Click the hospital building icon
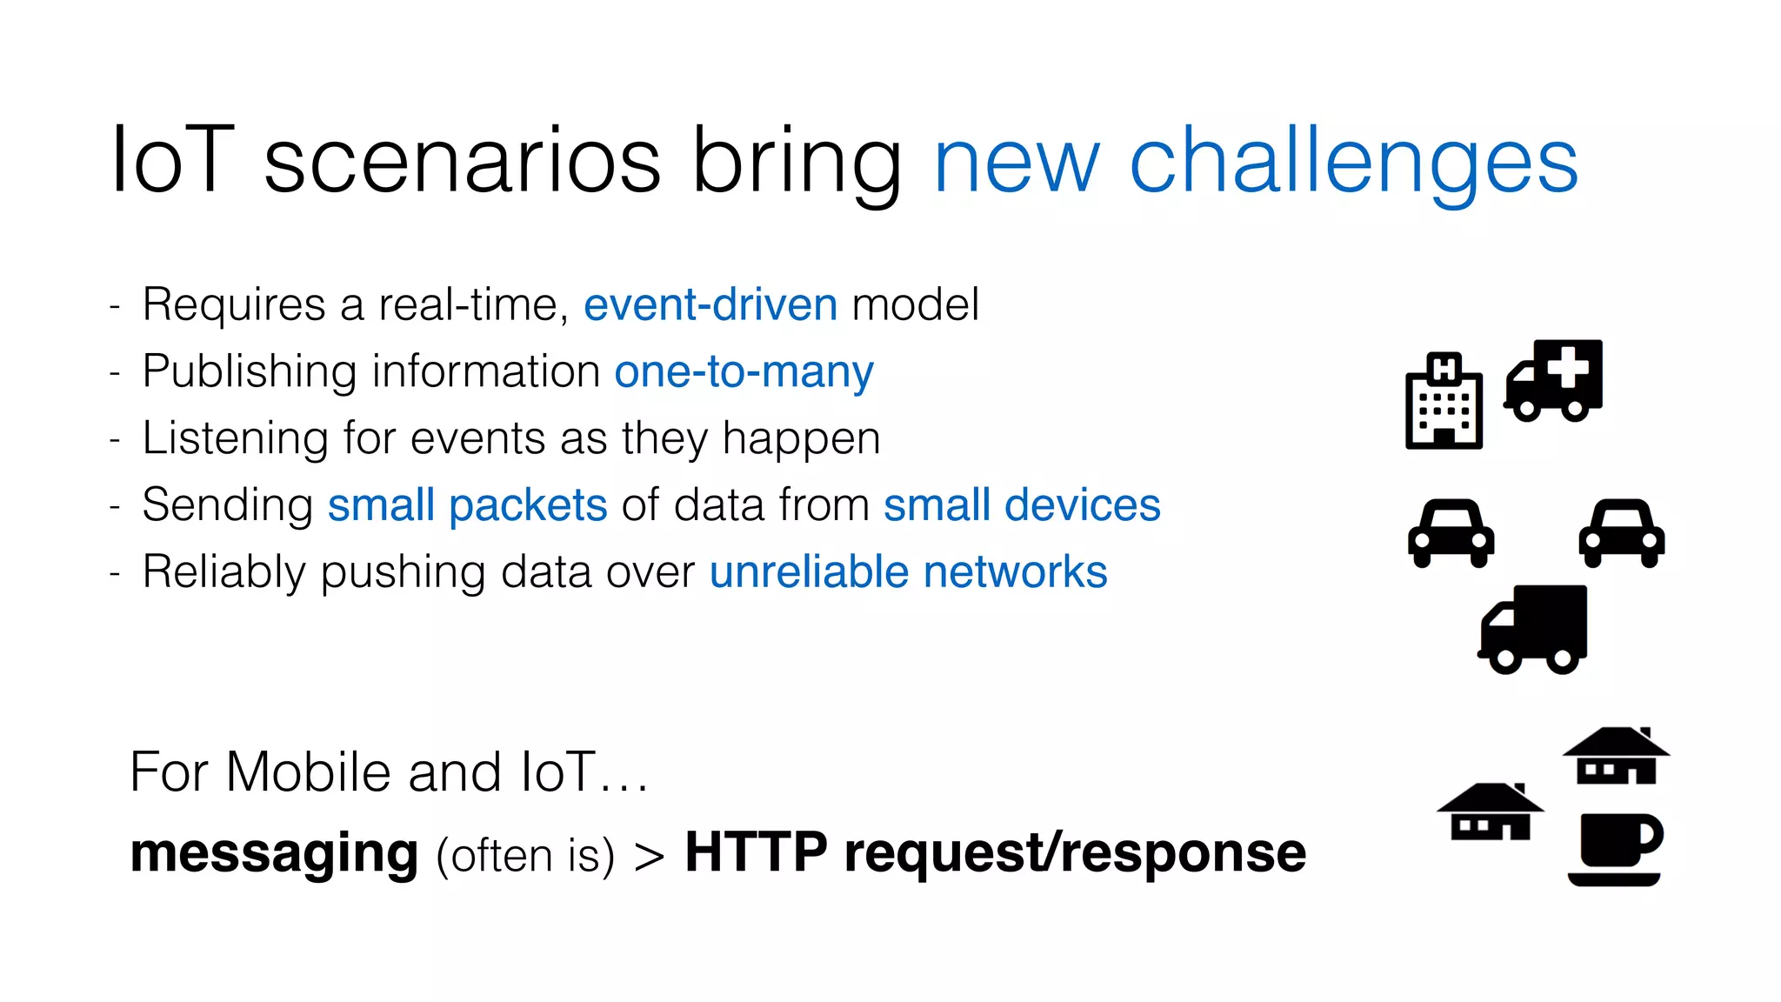1444,401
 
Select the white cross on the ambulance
1569,366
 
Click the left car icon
1451,532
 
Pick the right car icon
1621,532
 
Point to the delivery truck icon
1534,629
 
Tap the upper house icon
1616,756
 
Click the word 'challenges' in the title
1353,162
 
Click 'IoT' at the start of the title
172,160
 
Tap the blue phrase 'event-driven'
710,305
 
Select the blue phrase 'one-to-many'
744,372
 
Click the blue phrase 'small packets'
467,505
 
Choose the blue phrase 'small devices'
1022,505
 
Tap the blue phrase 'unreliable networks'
908,572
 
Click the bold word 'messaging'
274,853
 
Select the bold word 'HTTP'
756,852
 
